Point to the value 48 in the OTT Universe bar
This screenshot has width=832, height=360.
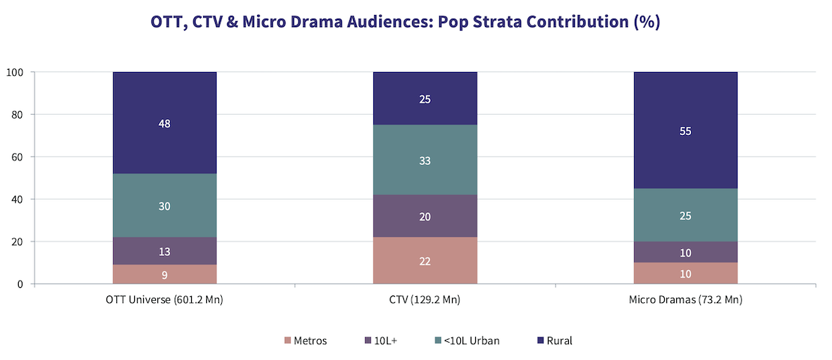165,124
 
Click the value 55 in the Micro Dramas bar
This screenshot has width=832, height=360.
685,131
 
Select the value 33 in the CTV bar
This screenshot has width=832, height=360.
425,160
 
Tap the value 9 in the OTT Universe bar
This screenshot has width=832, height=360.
165,274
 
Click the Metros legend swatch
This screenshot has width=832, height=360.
288,340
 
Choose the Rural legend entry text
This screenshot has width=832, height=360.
559,340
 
